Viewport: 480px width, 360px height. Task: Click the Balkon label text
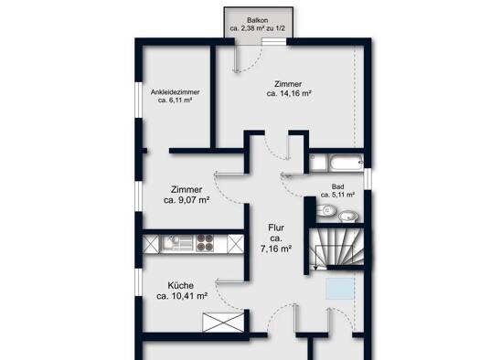[258, 20]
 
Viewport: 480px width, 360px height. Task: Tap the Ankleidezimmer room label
[176, 92]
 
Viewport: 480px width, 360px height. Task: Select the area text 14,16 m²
[295, 93]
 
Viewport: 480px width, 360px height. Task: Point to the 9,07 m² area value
[194, 200]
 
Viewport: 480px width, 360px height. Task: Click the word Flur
[276, 228]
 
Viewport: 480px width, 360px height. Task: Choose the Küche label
[181, 285]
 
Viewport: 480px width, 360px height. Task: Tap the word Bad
[337, 186]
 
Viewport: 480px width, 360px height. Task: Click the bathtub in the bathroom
[346, 162]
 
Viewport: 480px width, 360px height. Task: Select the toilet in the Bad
[326, 210]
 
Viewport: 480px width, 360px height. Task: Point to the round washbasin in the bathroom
[348, 217]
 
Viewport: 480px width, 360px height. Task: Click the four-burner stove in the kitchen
[205, 243]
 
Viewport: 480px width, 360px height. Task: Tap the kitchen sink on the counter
[169, 243]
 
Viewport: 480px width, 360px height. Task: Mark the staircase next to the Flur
[336, 248]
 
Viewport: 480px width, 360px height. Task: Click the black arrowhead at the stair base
[315, 268]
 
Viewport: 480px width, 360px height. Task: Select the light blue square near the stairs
[340, 289]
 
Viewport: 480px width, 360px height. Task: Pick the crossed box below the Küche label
[223, 322]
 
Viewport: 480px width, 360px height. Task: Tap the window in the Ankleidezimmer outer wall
[139, 100]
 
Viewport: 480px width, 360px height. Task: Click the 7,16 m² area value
[276, 249]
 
